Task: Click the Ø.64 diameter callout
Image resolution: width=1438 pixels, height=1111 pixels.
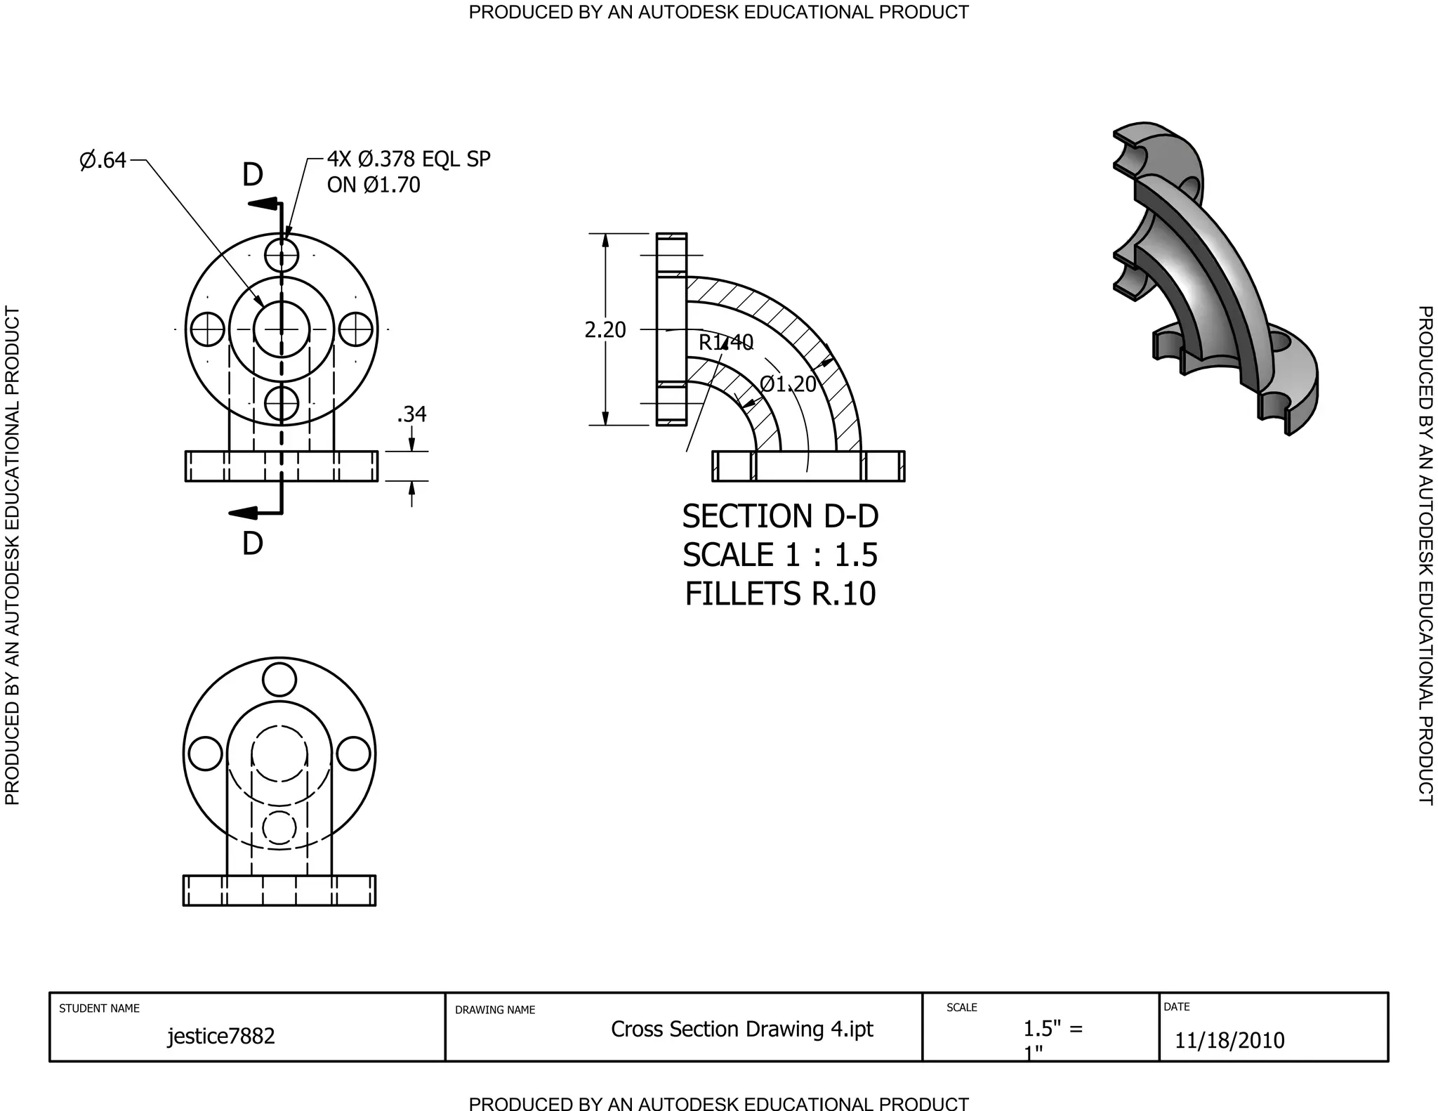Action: point(103,161)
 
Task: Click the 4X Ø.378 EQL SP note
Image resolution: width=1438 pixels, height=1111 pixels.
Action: point(409,160)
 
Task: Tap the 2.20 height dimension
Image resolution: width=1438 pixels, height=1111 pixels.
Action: point(605,329)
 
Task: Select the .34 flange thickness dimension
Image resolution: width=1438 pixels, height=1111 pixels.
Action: point(411,414)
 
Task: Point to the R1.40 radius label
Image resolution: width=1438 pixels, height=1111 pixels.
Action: point(725,343)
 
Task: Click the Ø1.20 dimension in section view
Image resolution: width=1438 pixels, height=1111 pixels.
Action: point(788,384)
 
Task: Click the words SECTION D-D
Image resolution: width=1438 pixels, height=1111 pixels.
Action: point(780,517)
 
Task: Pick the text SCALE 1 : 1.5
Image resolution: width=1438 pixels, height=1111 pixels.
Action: point(780,555)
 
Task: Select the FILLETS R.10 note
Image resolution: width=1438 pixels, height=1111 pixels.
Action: point(780,594)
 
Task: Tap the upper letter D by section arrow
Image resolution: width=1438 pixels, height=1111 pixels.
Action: point(252,176)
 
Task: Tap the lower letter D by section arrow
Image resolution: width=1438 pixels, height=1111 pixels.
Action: point(252,544)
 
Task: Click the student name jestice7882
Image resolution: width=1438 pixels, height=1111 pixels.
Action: point(221,1036)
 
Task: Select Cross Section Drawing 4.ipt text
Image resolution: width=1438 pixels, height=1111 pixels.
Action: point(741,1029)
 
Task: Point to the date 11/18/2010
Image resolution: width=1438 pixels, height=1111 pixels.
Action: point(1229,1040)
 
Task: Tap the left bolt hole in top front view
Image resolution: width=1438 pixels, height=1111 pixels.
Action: point(207,329)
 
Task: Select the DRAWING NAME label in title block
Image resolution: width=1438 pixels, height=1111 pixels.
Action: point(495,1010)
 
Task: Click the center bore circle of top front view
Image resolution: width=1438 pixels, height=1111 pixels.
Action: point(282,329)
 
